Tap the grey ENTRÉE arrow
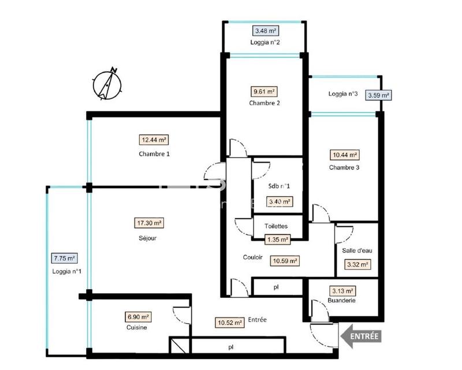click(x=362, y=335)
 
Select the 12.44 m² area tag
click(x=154, y=140)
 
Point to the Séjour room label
click(x=148, y=237)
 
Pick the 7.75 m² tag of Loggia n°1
click(x=64, y=259)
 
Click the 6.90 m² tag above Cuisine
click(x=137, y=317)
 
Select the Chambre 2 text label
click(x=264, y=103)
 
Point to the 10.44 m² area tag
click(x=345, y=155)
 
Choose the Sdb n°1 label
click(x=280, y=186)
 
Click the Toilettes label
click(x=276, y=226)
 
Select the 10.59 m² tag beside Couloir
click(x=285, y=260)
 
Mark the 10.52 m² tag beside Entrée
click(x=229, y=323)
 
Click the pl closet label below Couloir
click(x=276, y=286)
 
